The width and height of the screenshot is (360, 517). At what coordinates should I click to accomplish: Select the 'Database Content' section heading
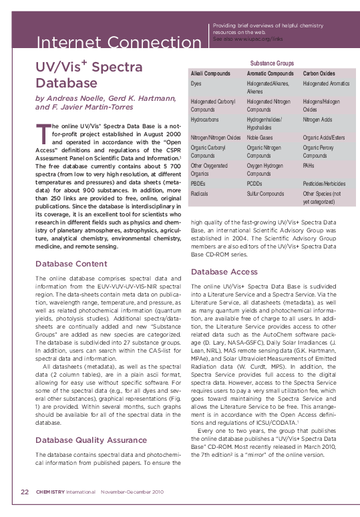pos(70,264)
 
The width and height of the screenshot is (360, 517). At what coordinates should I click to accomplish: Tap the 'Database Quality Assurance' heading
pos(90,421)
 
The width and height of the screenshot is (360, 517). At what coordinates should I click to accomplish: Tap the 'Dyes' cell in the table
pos(196,83)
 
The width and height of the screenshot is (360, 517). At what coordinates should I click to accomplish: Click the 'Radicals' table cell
pos(201,193)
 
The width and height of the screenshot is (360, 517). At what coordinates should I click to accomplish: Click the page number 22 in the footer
pos(25,492)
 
